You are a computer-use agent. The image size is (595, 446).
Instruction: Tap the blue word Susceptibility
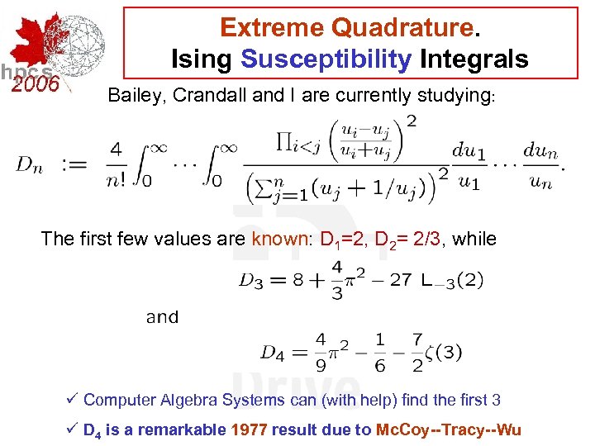[x=326, y=59]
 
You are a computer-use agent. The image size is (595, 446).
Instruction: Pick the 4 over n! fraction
[x=115, y=164]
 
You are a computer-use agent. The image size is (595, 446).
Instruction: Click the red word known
[x=282, y=240]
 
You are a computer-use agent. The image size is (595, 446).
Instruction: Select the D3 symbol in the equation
[x=250, y=280]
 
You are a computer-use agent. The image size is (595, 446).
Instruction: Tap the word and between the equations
[x=162, y=317]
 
